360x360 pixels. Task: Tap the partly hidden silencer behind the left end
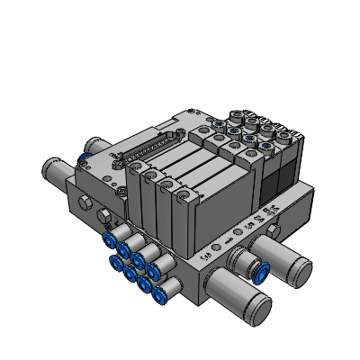(x=95, y=145)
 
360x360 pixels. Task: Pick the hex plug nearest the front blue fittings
(x=106, y=216)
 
